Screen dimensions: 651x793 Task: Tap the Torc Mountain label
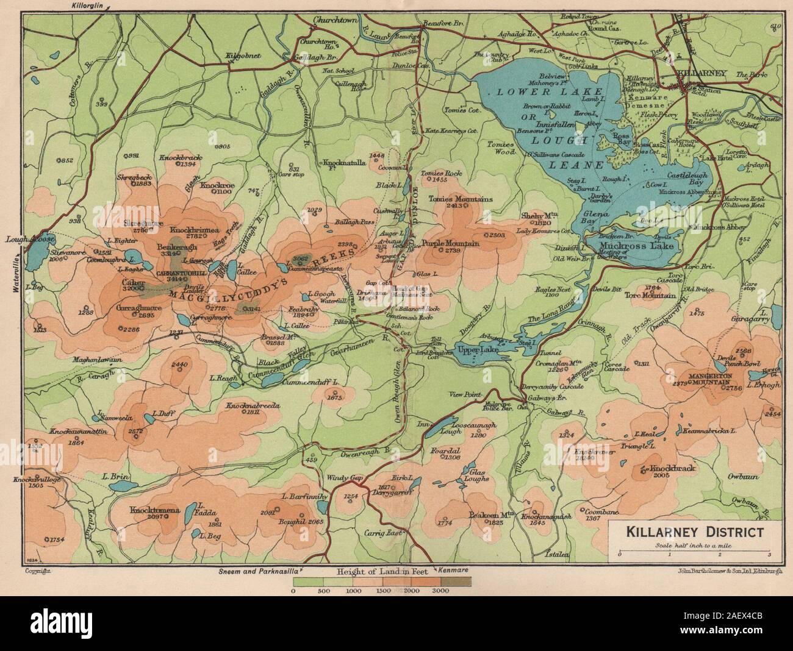pyautogui.click(x=651, y=296)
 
